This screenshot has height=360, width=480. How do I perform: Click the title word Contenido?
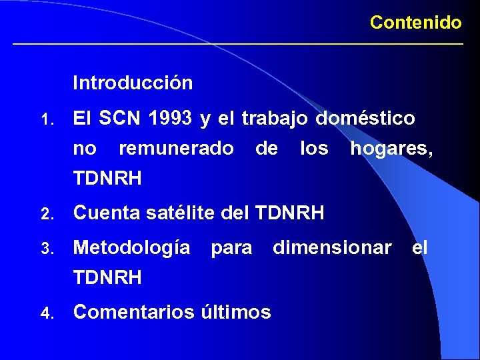(415, 23)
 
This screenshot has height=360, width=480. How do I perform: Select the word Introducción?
(133, 83)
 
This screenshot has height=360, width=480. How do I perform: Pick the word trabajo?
(275, 119)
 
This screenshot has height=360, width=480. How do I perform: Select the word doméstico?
(365, 119)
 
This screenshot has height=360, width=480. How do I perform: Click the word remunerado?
(176, 149)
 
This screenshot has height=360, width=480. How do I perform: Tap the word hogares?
(391, 149)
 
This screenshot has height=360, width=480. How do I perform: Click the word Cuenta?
(105, 213)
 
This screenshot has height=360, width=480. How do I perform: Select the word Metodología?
(131, 249)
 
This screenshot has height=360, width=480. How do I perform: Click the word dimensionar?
(332, 248)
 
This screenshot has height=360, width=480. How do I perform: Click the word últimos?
(234, 311)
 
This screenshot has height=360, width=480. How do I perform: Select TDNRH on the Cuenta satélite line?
(289, 213)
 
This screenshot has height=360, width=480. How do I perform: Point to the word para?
(231, 249)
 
